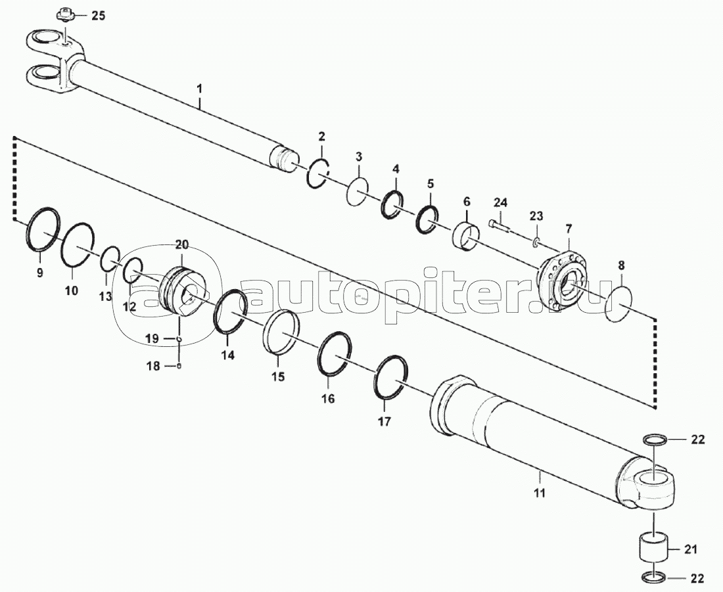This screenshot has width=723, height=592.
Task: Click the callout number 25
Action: (x=97, y=16)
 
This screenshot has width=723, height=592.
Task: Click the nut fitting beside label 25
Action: (x=64, y=12)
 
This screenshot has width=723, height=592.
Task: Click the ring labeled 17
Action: (x=390, y=376)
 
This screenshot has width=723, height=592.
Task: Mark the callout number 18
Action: (x=152, y=367)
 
